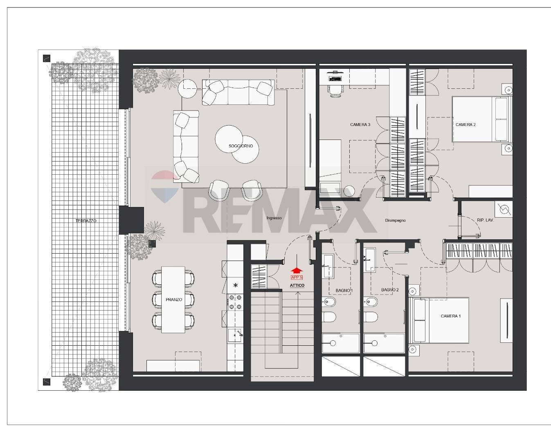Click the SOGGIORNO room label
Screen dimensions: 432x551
point(241,146)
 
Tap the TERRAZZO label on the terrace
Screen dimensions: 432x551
point(86,221)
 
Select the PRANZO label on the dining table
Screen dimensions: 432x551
point(173,300)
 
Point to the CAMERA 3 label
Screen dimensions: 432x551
point(360,124)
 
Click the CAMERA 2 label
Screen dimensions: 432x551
point(466,125)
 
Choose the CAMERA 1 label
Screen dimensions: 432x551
point(450,316)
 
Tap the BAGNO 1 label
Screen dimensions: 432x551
point(344,290)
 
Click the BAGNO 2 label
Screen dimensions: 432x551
point(389,290)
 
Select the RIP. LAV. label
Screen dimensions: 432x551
point(485,220)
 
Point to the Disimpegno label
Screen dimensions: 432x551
point(395,220)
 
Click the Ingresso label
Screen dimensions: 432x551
point(274,218)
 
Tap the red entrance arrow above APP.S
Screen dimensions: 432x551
point(297,270)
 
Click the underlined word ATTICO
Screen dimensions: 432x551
point(297,286)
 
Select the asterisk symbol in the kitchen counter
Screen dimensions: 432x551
point(235,286)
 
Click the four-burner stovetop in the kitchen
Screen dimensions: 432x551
point(235,302)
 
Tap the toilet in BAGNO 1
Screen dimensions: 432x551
point(329,317)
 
